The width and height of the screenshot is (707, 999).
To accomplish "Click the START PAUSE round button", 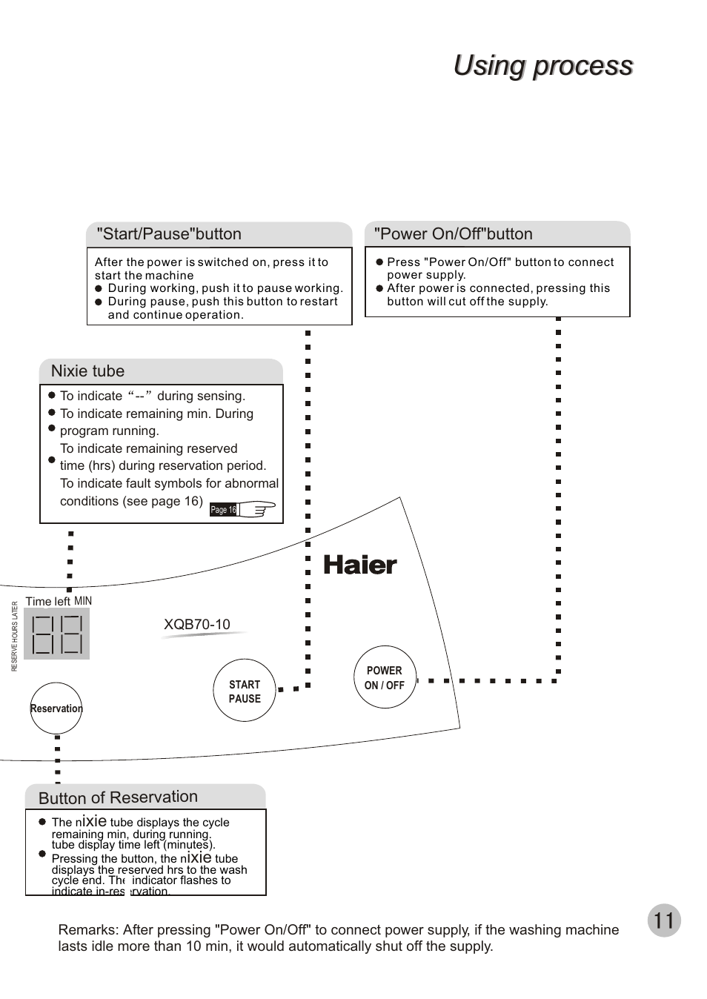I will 244,691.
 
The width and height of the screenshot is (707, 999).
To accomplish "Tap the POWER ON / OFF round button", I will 384,677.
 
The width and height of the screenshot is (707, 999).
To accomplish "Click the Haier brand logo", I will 360,565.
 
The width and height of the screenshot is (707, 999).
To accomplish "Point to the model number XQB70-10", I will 196,624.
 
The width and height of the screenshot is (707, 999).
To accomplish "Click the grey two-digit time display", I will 56,634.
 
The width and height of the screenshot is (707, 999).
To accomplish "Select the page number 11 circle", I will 663,920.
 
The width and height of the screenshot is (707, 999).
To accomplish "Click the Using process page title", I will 542,65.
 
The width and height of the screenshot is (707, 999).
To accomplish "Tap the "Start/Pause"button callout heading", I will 169,234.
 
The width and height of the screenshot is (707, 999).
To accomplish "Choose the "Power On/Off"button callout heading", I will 453,234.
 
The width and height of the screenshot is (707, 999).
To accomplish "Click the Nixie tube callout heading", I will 87,371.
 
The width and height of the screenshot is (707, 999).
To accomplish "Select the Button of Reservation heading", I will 118,797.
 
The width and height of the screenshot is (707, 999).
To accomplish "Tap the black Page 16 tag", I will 223,510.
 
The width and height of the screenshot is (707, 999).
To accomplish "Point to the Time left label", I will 47,602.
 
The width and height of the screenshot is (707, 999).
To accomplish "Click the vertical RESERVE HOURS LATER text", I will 14,636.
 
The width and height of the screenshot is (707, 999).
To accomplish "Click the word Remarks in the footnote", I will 87,930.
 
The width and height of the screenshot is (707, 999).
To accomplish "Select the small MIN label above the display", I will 83,601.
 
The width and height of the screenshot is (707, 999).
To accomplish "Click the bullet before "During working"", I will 99,289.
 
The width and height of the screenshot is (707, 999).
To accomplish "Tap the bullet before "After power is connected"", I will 379,288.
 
